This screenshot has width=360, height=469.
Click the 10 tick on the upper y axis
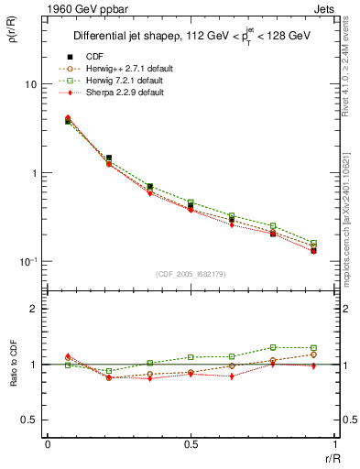coord(30,84)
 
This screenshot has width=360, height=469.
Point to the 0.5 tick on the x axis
coord(191,444)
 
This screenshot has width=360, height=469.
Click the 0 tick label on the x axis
coord(48,444)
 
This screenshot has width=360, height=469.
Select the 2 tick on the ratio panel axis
coord(33,310)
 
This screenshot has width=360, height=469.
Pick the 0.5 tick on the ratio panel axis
coord(29,420)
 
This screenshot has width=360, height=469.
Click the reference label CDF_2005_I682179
coord(191,274)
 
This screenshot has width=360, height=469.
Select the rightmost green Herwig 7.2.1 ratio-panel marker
coord(313,348)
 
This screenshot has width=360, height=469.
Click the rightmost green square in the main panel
coord(313,244)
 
